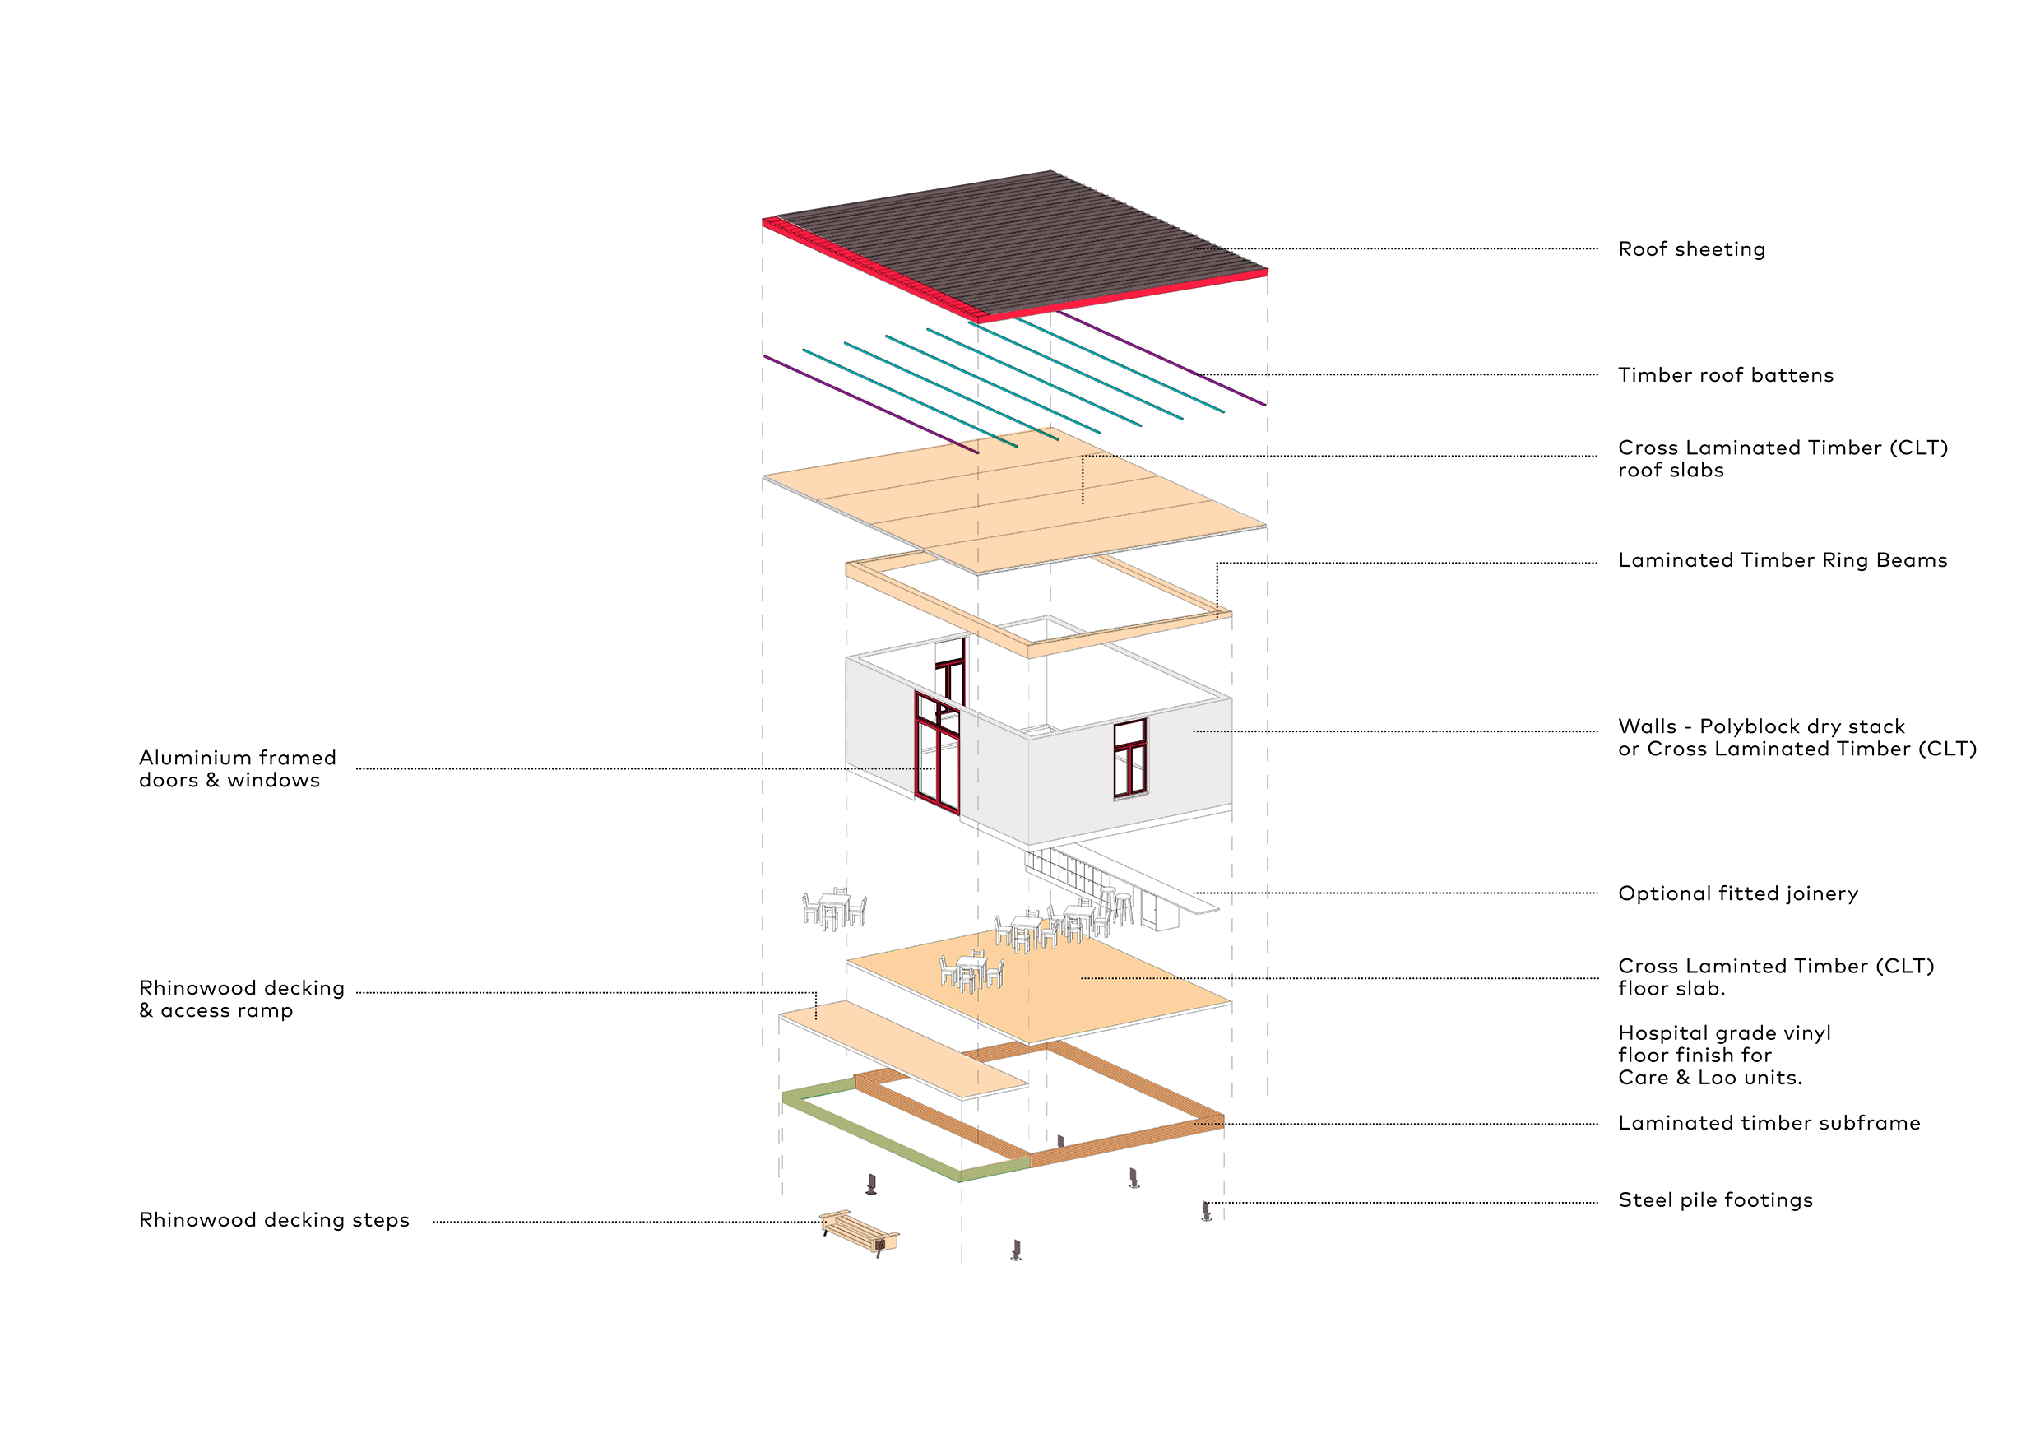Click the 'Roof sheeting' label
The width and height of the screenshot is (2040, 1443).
tap(1691, 249)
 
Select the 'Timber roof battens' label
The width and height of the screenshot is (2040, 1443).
tap(1726, 375)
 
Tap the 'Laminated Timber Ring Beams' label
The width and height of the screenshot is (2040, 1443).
tap(1783, 561)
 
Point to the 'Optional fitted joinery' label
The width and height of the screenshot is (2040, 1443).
tap(1738, 894)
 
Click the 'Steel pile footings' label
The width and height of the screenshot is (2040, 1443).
tap(1715, 1200)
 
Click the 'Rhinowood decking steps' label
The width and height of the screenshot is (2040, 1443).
tap(275, 1221)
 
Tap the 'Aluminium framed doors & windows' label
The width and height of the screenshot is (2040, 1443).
tap(237, 769)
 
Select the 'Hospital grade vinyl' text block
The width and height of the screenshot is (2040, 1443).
tap(1723, 1056)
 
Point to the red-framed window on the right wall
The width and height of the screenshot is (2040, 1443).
tap(1130, 759)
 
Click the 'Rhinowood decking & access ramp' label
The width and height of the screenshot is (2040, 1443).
tap(242, 1000)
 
